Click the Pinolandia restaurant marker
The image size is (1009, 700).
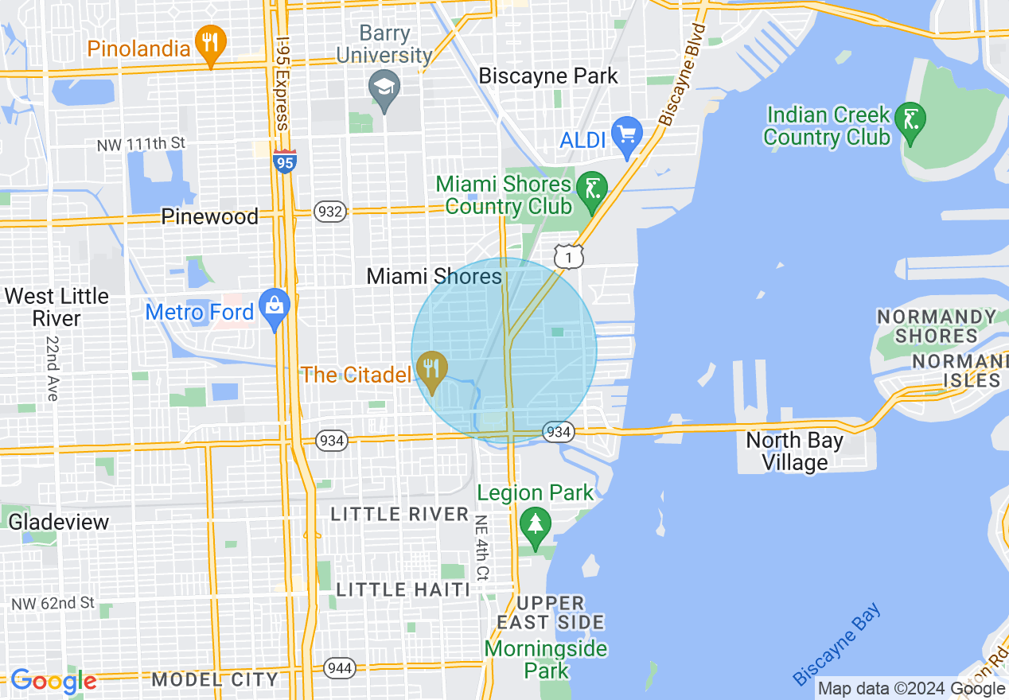210,44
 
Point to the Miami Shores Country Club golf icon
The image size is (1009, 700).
591,191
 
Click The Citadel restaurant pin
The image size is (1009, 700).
431,371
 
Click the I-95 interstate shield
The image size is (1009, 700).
284,161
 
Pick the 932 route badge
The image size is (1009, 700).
329,212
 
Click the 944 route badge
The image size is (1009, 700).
340,667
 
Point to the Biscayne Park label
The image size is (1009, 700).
548,76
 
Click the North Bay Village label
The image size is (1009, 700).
794,451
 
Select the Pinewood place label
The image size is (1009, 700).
210,216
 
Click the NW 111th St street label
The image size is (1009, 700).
141,144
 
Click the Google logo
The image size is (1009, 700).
53,681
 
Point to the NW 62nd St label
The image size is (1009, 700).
53,604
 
